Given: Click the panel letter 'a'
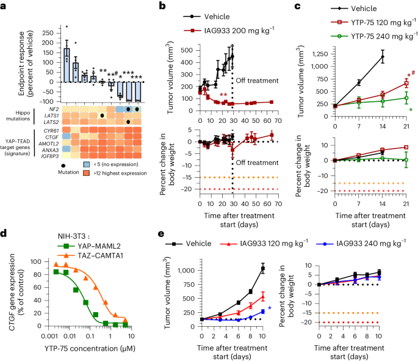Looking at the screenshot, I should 5,6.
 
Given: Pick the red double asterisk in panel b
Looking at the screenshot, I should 224,95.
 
